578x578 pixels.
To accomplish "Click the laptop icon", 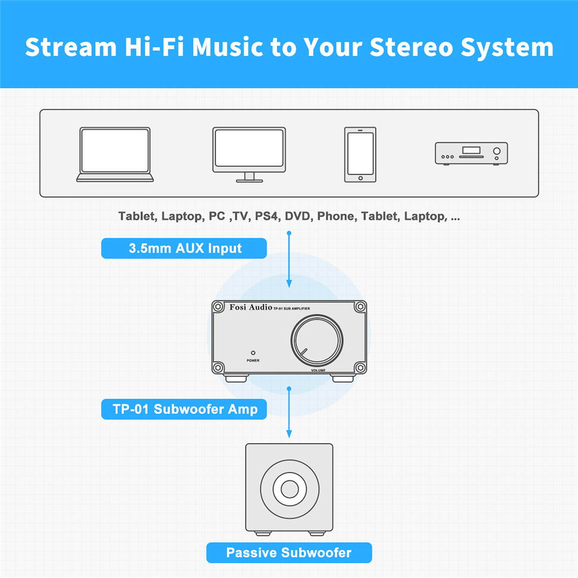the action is point(115,154).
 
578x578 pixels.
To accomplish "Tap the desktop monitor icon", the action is point(249,154).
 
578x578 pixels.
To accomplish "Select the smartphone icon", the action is point(360,154).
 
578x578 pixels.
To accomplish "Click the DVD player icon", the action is point(471,153).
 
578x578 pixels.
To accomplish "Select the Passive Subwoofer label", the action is point(289,552).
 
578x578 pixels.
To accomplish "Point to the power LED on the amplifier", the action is point(253,353).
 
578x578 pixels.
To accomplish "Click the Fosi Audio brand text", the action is point(251,307).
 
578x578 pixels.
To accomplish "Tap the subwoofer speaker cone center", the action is point(290,489).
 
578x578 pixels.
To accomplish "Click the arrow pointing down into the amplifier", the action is point(289,260).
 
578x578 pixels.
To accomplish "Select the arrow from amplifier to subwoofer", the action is point(289,412).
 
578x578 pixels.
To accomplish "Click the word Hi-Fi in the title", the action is point(154,47).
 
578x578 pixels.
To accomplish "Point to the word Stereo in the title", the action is point(411,47).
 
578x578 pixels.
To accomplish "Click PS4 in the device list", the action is point(267,216).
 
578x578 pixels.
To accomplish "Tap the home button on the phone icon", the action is point(361,178).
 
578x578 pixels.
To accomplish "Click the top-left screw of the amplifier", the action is point(218,307).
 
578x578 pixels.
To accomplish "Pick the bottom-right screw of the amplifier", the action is point(360,368).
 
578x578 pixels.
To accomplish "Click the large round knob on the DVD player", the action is point(496,151).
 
